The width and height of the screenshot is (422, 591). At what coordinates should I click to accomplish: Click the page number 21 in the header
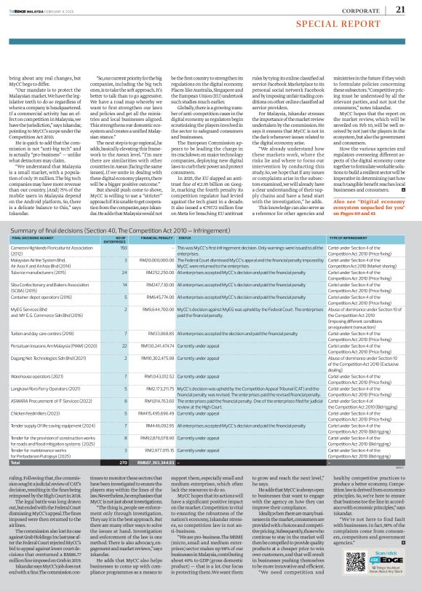coord(400,9)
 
